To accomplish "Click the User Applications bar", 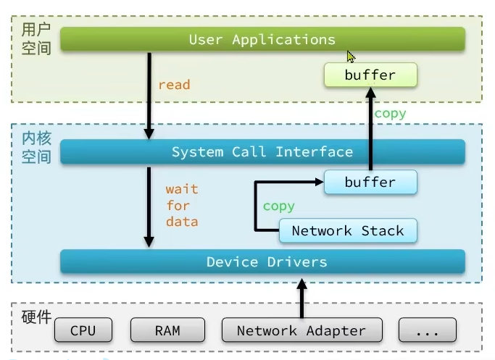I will [x=262, y=39].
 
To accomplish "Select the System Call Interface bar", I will [x=262, y=151].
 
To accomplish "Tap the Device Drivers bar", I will [x=262, y=261].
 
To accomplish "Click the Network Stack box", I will [x=348, y=231].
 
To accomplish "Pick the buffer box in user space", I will [x=370, y=75].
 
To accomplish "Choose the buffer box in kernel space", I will [x=370, y=183].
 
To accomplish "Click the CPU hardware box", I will [x=83, y=330].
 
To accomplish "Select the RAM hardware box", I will [x=167, y=330].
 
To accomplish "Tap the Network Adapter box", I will [x=301, y=330].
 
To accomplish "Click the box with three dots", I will [x=428, y=330].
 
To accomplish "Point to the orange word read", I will [x=174, y=85].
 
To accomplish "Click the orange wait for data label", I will [x=181, y=205].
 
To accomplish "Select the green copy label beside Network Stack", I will [x=278, y=206].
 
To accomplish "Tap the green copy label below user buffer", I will [x=390, y=114].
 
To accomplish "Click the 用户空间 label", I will [x=36, y=39].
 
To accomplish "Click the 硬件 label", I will [x=36, y=317].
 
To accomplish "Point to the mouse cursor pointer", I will [x=351, y=56].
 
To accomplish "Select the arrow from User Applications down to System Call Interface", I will [x=149, y=94].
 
